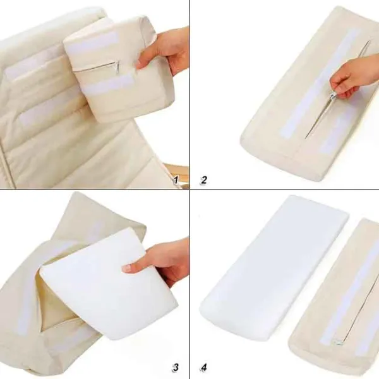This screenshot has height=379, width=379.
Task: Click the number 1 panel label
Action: (x=176, y=180)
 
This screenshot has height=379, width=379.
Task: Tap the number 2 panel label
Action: (x=203, y=180)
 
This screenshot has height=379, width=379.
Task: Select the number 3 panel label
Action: (x=176, y=367)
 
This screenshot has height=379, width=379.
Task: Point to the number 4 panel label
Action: (x=203, y=367)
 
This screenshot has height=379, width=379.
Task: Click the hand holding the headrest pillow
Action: (x=165, y=50)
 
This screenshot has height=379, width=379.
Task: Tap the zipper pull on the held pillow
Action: (x=116, y=67)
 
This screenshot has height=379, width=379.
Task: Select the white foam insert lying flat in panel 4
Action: (x=275, y=265)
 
